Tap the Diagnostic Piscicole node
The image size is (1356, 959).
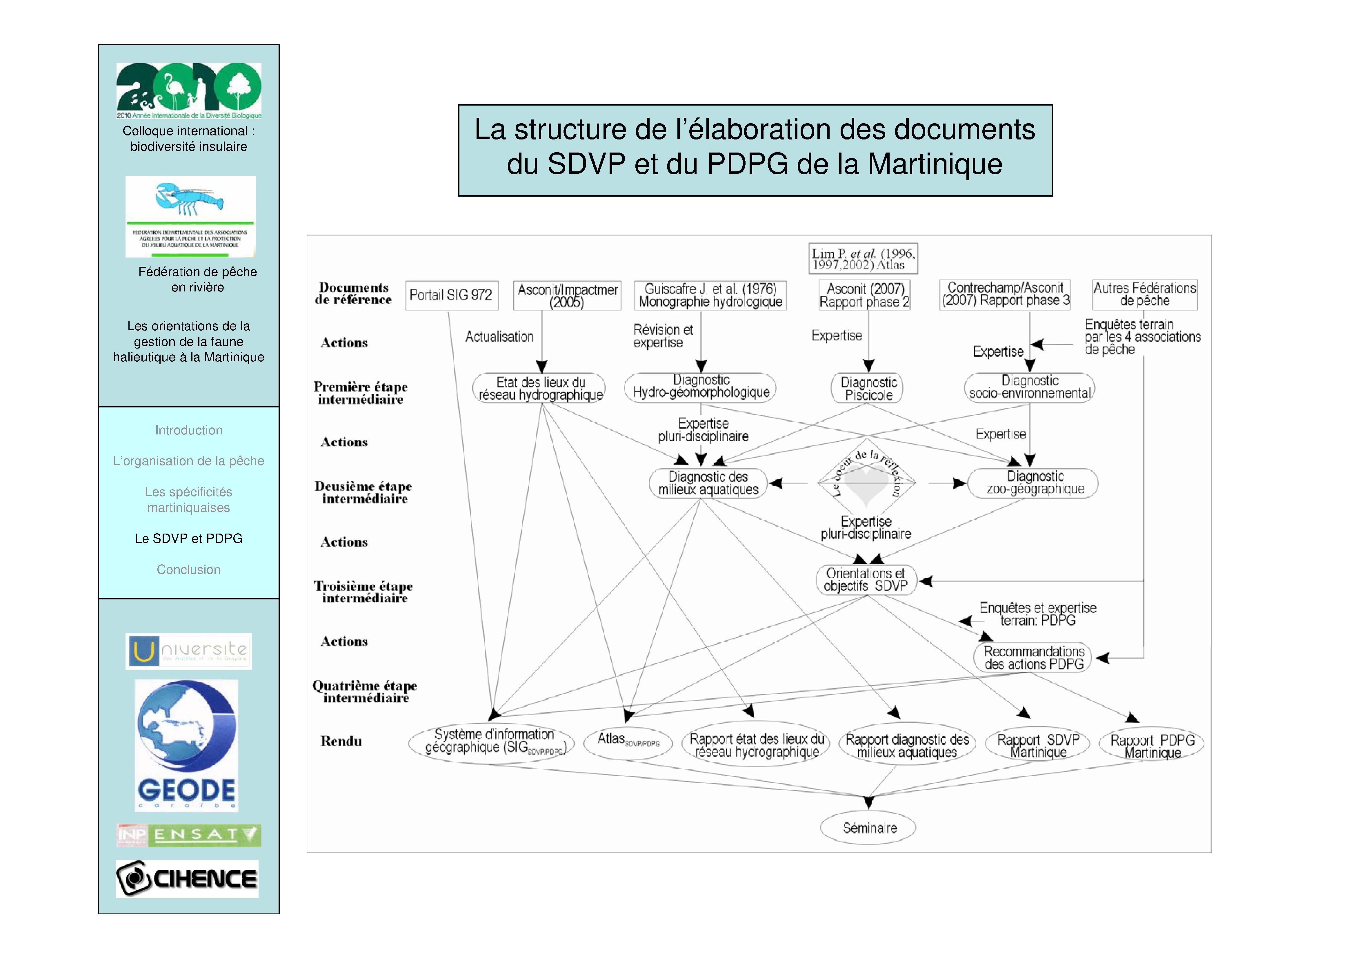tap(868, 388)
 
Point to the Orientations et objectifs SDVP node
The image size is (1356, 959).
tap(866, 580)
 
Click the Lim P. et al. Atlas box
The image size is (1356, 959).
tap(863, 259)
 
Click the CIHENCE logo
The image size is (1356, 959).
tap(187, 879)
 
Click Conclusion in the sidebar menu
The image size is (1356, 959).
tap(188, 570)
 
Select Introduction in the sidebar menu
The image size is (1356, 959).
tap(188, 430)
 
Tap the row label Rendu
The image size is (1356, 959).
tap(341, 741)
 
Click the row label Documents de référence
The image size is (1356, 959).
tap(353, 294)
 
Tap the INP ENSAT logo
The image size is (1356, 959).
tap(188, 835)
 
